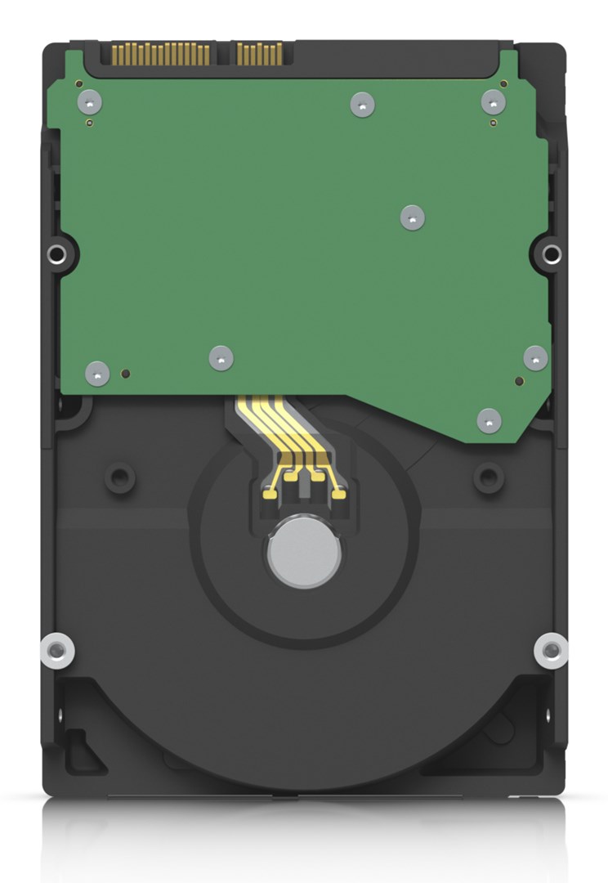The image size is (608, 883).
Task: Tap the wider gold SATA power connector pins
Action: click(x=160, y=55)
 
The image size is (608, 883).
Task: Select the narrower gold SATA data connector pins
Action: click(x=259, y=54)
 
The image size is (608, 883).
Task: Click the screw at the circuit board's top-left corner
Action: click(x=89, y=102)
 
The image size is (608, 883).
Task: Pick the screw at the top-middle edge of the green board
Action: click(x=362, y=105)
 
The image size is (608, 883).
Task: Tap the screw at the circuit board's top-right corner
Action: click(x=493, y=102)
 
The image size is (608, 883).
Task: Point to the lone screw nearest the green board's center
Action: click(x=413, y=217)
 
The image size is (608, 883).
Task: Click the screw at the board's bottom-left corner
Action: click(x=97, y=374)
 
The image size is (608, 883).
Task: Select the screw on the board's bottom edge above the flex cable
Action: click(x=221, y=358)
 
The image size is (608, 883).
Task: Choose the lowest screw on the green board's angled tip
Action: click(x=489, y=420)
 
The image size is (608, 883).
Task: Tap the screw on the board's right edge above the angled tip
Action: click(x=535, y=358)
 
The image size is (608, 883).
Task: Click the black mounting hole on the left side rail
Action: click(x=56, y=254)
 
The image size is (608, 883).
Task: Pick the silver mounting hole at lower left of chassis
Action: click(x=56, y=650)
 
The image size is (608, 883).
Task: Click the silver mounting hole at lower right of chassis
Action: click(x=552, y=650)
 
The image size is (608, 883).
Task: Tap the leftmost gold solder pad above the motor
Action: click(x=269, y=492)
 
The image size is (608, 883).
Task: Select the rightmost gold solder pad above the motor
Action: click(x=338, y=492)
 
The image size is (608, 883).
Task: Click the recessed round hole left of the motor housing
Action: click(x=120, y=476)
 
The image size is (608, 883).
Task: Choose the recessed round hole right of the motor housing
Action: click(x=489, y=476)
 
